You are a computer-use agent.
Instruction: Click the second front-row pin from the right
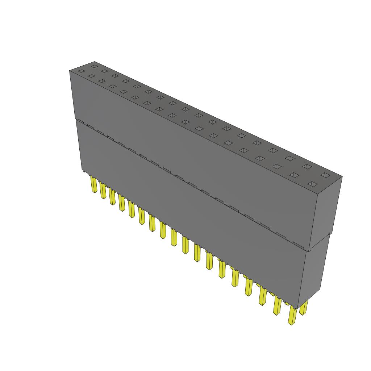278,305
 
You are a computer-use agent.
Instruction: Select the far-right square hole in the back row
325,175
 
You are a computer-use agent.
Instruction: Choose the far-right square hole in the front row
312,184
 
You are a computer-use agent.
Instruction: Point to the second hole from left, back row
105,71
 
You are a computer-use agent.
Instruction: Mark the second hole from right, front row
294,175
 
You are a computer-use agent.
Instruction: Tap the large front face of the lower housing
188,217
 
